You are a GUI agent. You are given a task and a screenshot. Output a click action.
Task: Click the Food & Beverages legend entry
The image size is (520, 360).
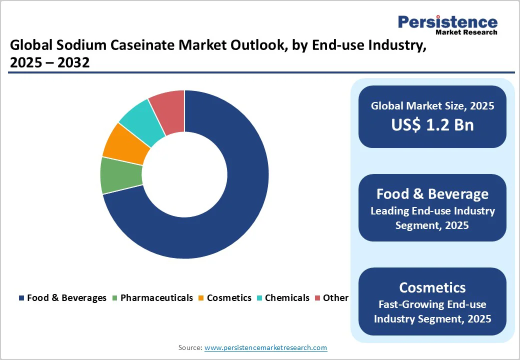point(62,298)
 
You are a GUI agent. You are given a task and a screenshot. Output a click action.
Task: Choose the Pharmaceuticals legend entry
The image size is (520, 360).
point(152,298)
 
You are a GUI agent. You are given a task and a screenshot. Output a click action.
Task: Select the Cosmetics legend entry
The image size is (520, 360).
point(224,298)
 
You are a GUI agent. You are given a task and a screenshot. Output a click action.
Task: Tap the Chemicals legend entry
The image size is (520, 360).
point(282,298)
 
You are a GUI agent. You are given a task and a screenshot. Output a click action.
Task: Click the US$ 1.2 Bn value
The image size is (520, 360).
point(432,124)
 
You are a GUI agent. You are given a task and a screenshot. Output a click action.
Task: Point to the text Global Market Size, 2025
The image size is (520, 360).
point(432,106)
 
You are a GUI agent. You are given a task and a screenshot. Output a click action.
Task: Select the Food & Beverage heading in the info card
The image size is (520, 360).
point(432,193)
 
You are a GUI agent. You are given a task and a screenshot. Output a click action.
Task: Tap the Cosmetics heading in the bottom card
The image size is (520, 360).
point(432,287)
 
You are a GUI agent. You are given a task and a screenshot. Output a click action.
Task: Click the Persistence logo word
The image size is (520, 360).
point(447,22)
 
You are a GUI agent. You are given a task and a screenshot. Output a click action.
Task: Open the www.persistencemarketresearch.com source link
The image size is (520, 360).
point(265,347)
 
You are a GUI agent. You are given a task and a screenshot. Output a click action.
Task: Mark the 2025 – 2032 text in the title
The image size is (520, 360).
point(49,63)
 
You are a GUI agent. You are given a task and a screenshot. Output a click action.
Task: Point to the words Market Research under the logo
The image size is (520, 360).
point(466,32)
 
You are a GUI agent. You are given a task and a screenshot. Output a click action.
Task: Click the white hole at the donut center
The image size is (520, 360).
point(184,175)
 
